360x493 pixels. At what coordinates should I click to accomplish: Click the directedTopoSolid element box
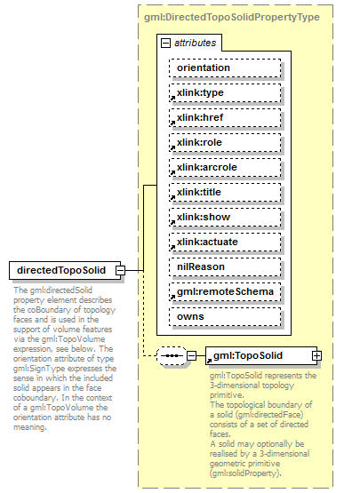[x=61, y=270]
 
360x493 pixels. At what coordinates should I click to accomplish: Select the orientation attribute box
[x=225, y=68]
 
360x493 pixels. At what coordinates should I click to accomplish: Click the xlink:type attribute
[x=225, y=93]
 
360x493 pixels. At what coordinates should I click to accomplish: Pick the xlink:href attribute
[x=225, y=118]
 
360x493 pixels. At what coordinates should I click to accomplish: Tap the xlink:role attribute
[x=225, y=142]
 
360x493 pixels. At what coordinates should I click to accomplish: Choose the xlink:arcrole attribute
[x=225, y=167]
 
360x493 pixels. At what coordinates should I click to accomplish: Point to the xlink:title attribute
[x=225, y=192]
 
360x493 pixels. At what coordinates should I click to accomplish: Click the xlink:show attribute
[x=225, y=217]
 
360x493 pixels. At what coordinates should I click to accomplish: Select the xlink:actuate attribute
[x=225, y=242]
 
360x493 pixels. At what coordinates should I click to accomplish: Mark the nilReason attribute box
[x=225, y=266]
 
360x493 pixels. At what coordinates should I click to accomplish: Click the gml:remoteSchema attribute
[x=225, y=291]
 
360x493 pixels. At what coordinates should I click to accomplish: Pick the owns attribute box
[x=225, y=316]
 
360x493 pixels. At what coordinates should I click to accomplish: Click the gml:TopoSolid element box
[x=257, y=355]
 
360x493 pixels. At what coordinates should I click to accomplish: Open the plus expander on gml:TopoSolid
[x=316, y=355]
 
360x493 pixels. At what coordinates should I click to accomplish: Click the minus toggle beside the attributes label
[x=166, y=42]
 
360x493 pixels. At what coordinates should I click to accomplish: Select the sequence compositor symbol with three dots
[x=171, y=355]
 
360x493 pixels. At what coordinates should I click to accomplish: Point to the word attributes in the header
[x=194, y=42]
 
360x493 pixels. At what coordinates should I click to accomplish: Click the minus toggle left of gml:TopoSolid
[x=191, y=355]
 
